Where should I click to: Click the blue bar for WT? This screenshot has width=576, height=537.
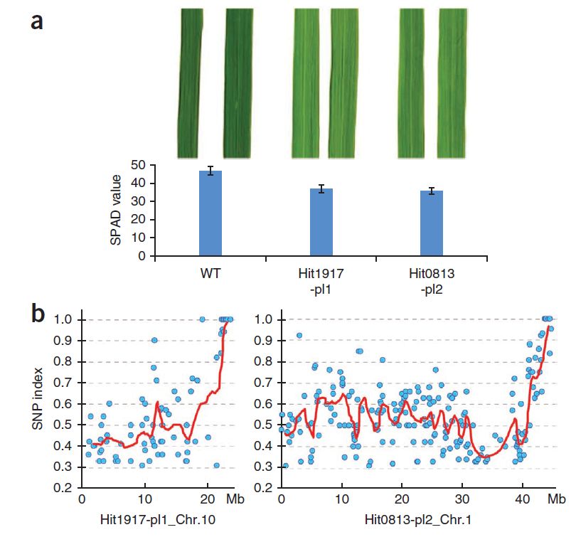coord(210,213)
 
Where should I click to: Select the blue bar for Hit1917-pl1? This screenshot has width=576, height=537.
coord(321,222)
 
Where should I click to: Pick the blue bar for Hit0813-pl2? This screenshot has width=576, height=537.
coord(431,223)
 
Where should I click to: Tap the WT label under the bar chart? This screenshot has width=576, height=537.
coord(210,272)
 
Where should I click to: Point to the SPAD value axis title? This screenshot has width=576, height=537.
coord(117,211)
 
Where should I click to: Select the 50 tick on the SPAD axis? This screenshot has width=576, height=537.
coord(143,165)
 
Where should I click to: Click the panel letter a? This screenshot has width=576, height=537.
coord(37,21)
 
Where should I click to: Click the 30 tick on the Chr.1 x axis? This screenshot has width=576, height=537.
coord(462,501)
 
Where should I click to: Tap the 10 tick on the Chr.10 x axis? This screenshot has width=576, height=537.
coord(144,501)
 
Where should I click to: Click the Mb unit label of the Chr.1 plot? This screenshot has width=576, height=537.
coord(558,501)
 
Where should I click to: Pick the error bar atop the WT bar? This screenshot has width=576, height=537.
coord(210,171)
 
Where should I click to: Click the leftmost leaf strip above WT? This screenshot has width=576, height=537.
coord(188,84)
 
